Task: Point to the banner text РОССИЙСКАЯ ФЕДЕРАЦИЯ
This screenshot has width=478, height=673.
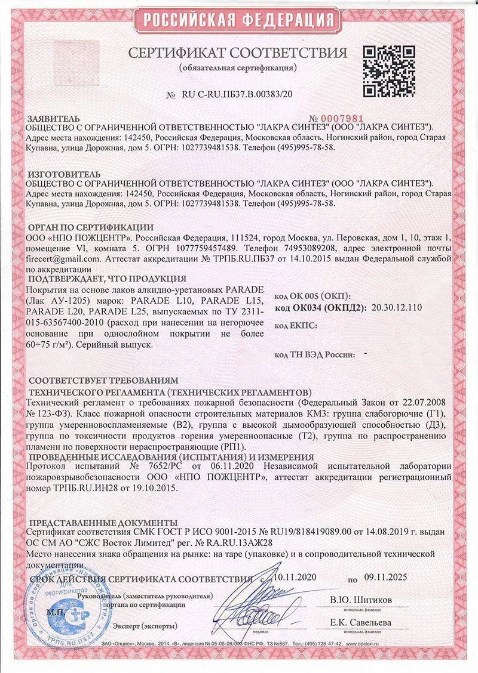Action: click(238, 16)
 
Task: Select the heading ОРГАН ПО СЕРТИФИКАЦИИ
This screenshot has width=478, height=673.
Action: click(91, 227)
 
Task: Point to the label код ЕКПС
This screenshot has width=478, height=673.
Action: click(294, 325)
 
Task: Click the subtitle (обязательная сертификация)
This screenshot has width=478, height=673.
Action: click(238, 67)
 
